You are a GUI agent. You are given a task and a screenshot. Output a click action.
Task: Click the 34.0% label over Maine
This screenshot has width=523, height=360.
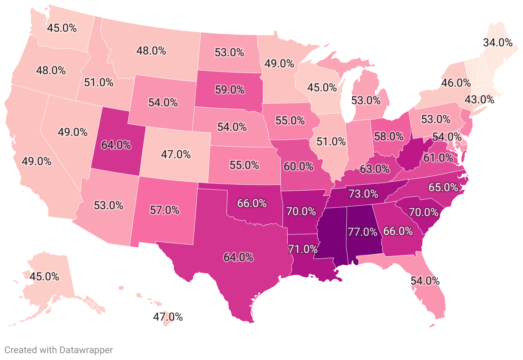[x=497, y=42]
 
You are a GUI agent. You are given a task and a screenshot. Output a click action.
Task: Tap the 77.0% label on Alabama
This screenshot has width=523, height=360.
[x=362, y=232]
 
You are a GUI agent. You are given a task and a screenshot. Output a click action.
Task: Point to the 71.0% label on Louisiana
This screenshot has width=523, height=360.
[x=303, y=249]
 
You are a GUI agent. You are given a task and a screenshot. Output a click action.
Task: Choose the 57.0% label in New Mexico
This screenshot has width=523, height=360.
[x=164, y=210]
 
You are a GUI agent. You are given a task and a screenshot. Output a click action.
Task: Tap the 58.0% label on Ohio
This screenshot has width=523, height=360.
[x=388, y=137]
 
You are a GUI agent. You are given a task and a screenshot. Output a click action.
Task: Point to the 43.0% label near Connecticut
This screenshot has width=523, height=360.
[x=479, y=100]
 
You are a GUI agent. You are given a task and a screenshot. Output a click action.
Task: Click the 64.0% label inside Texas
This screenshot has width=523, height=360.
[x=238, y=257]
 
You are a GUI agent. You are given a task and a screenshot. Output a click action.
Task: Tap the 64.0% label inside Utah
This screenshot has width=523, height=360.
[x=116, y=145]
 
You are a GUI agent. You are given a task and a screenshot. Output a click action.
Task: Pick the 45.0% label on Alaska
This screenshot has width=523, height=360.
[x=44, y=276]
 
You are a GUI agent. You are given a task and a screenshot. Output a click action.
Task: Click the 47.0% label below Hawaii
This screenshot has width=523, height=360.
[x=168, y=317]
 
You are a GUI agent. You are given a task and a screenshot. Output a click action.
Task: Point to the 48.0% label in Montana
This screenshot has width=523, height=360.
[x=151, y=51]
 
